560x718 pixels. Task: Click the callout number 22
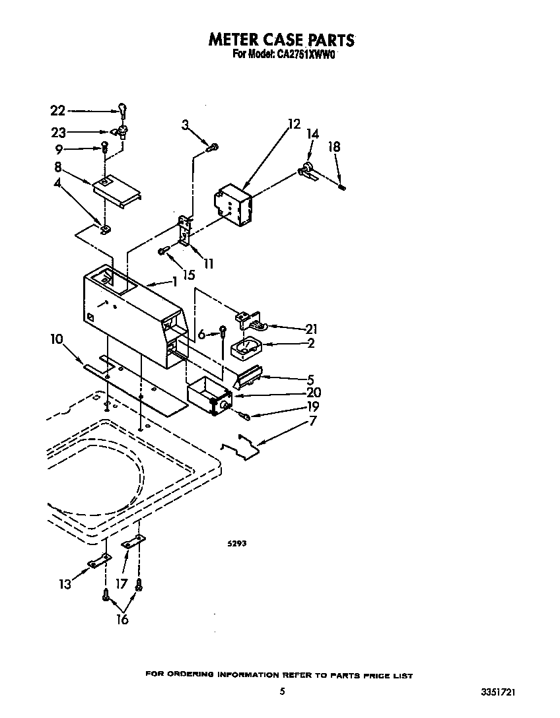click(x=58, y=112)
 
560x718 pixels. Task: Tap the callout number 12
click(x=294, y=124)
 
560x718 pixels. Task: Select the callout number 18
click(x=334, y=147)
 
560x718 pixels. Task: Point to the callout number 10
click(x=57, y=339)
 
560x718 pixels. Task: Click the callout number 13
click(x=65, y=583)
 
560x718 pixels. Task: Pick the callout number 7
click(x=312, y=420)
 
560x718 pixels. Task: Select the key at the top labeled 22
click(x=122, y=110)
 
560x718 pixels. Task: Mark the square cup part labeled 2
click(x=246, y=348)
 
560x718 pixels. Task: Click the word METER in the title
click(x=236, y=40)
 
